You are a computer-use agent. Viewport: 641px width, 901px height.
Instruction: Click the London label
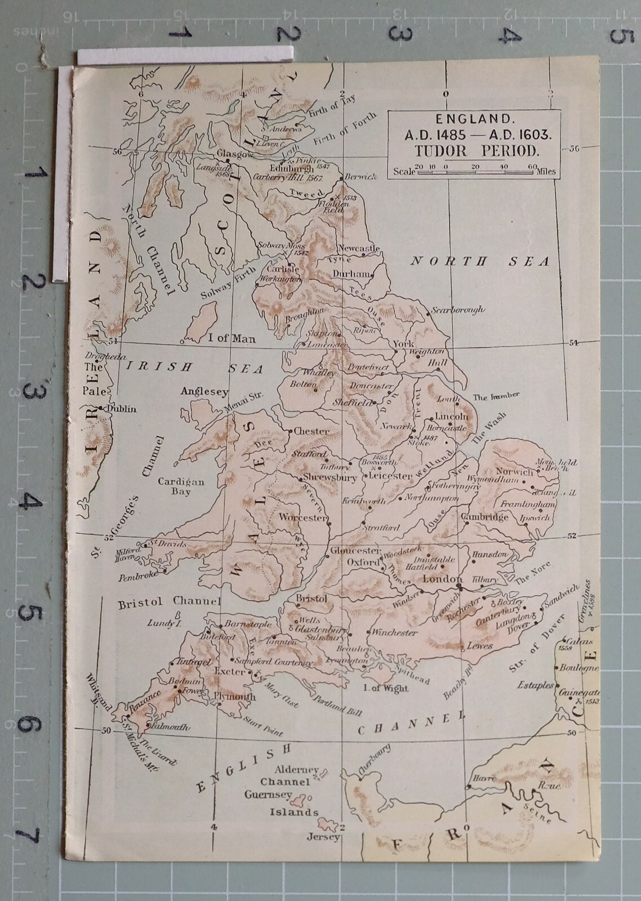click(442, 579)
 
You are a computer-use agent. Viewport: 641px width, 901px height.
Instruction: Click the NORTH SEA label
click(479, 261)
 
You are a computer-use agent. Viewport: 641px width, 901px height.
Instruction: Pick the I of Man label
click(232, 338)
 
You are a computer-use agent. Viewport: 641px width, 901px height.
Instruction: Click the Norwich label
click(514, 472)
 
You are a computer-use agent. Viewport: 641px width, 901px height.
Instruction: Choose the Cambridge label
click(484, 517)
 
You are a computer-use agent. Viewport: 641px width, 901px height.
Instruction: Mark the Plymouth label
click(235, 697)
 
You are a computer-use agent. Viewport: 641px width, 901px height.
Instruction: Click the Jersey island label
click(324, 837)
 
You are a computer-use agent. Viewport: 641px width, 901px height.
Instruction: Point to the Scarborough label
click(458, 310)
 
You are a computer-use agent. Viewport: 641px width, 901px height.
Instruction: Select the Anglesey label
click(204, 392)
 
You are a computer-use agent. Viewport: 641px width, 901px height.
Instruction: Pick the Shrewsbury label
click(330, 477)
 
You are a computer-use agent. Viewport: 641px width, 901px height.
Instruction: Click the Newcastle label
click(359, 248)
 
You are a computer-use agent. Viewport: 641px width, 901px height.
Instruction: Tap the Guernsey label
click(268, 795)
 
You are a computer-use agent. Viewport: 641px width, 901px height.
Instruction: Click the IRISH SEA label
click(194, 368)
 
